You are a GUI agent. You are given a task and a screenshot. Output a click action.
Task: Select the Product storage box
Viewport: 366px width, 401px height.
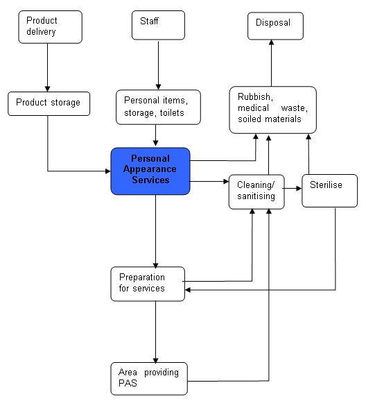point(49,103)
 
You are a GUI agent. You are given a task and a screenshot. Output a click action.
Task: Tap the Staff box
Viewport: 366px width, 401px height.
point(158,26)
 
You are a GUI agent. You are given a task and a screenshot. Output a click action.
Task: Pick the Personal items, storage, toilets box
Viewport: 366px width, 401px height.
point(158,107)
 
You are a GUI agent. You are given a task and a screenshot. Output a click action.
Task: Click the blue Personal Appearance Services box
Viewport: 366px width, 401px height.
point(150,170)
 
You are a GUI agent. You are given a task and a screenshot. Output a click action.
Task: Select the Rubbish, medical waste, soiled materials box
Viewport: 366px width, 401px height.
point(272,110)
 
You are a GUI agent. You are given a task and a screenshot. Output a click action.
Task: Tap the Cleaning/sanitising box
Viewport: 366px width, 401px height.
point(256,191)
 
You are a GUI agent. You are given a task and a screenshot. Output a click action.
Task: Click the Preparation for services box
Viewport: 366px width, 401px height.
point(148,283)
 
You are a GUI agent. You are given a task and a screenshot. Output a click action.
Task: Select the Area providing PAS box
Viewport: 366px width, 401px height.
point(148,378)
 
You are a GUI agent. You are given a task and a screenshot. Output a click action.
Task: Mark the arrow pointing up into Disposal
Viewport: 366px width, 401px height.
point(271,62)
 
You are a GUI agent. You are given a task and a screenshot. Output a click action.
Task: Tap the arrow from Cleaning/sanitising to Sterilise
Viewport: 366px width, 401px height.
point(293,187)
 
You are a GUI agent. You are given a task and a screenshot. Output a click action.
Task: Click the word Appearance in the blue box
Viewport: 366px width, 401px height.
point(150,170)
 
